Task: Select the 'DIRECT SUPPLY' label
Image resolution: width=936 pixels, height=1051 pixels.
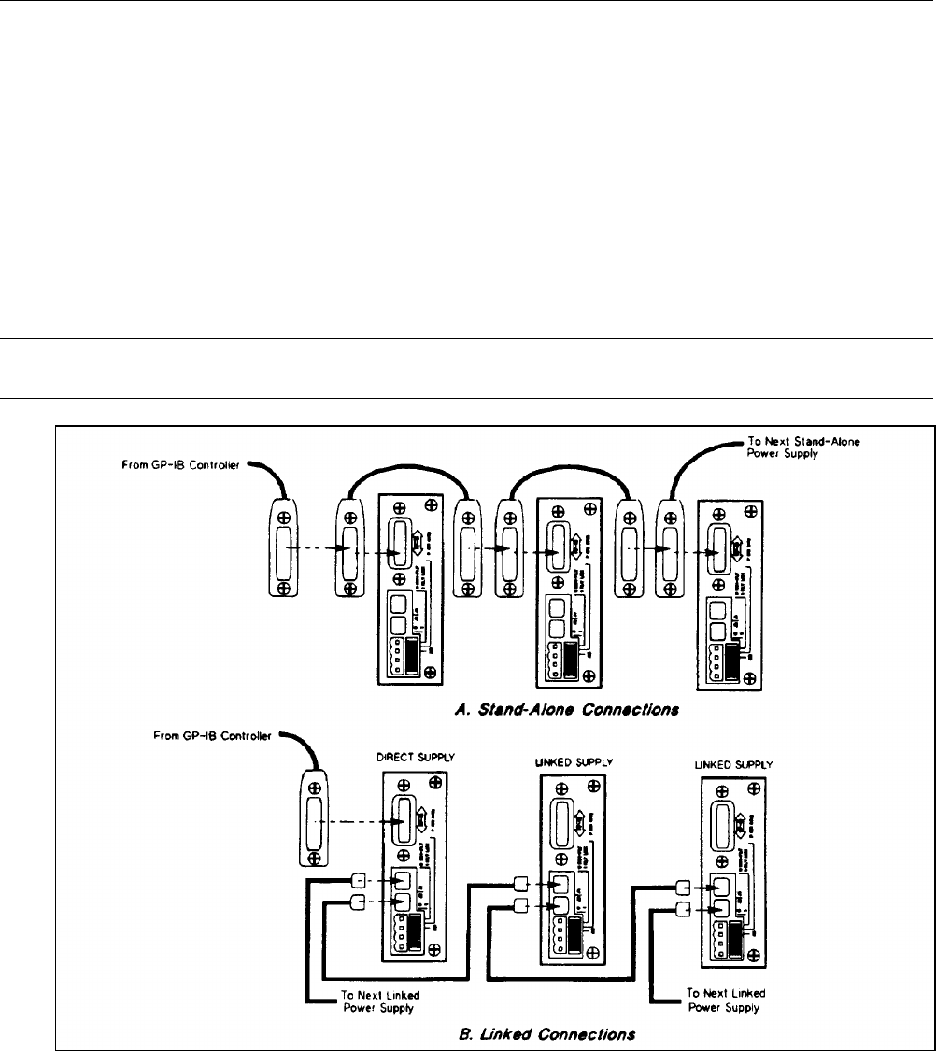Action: (413, 760)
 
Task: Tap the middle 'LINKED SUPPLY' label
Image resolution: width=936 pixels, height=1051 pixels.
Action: (573, 762)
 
